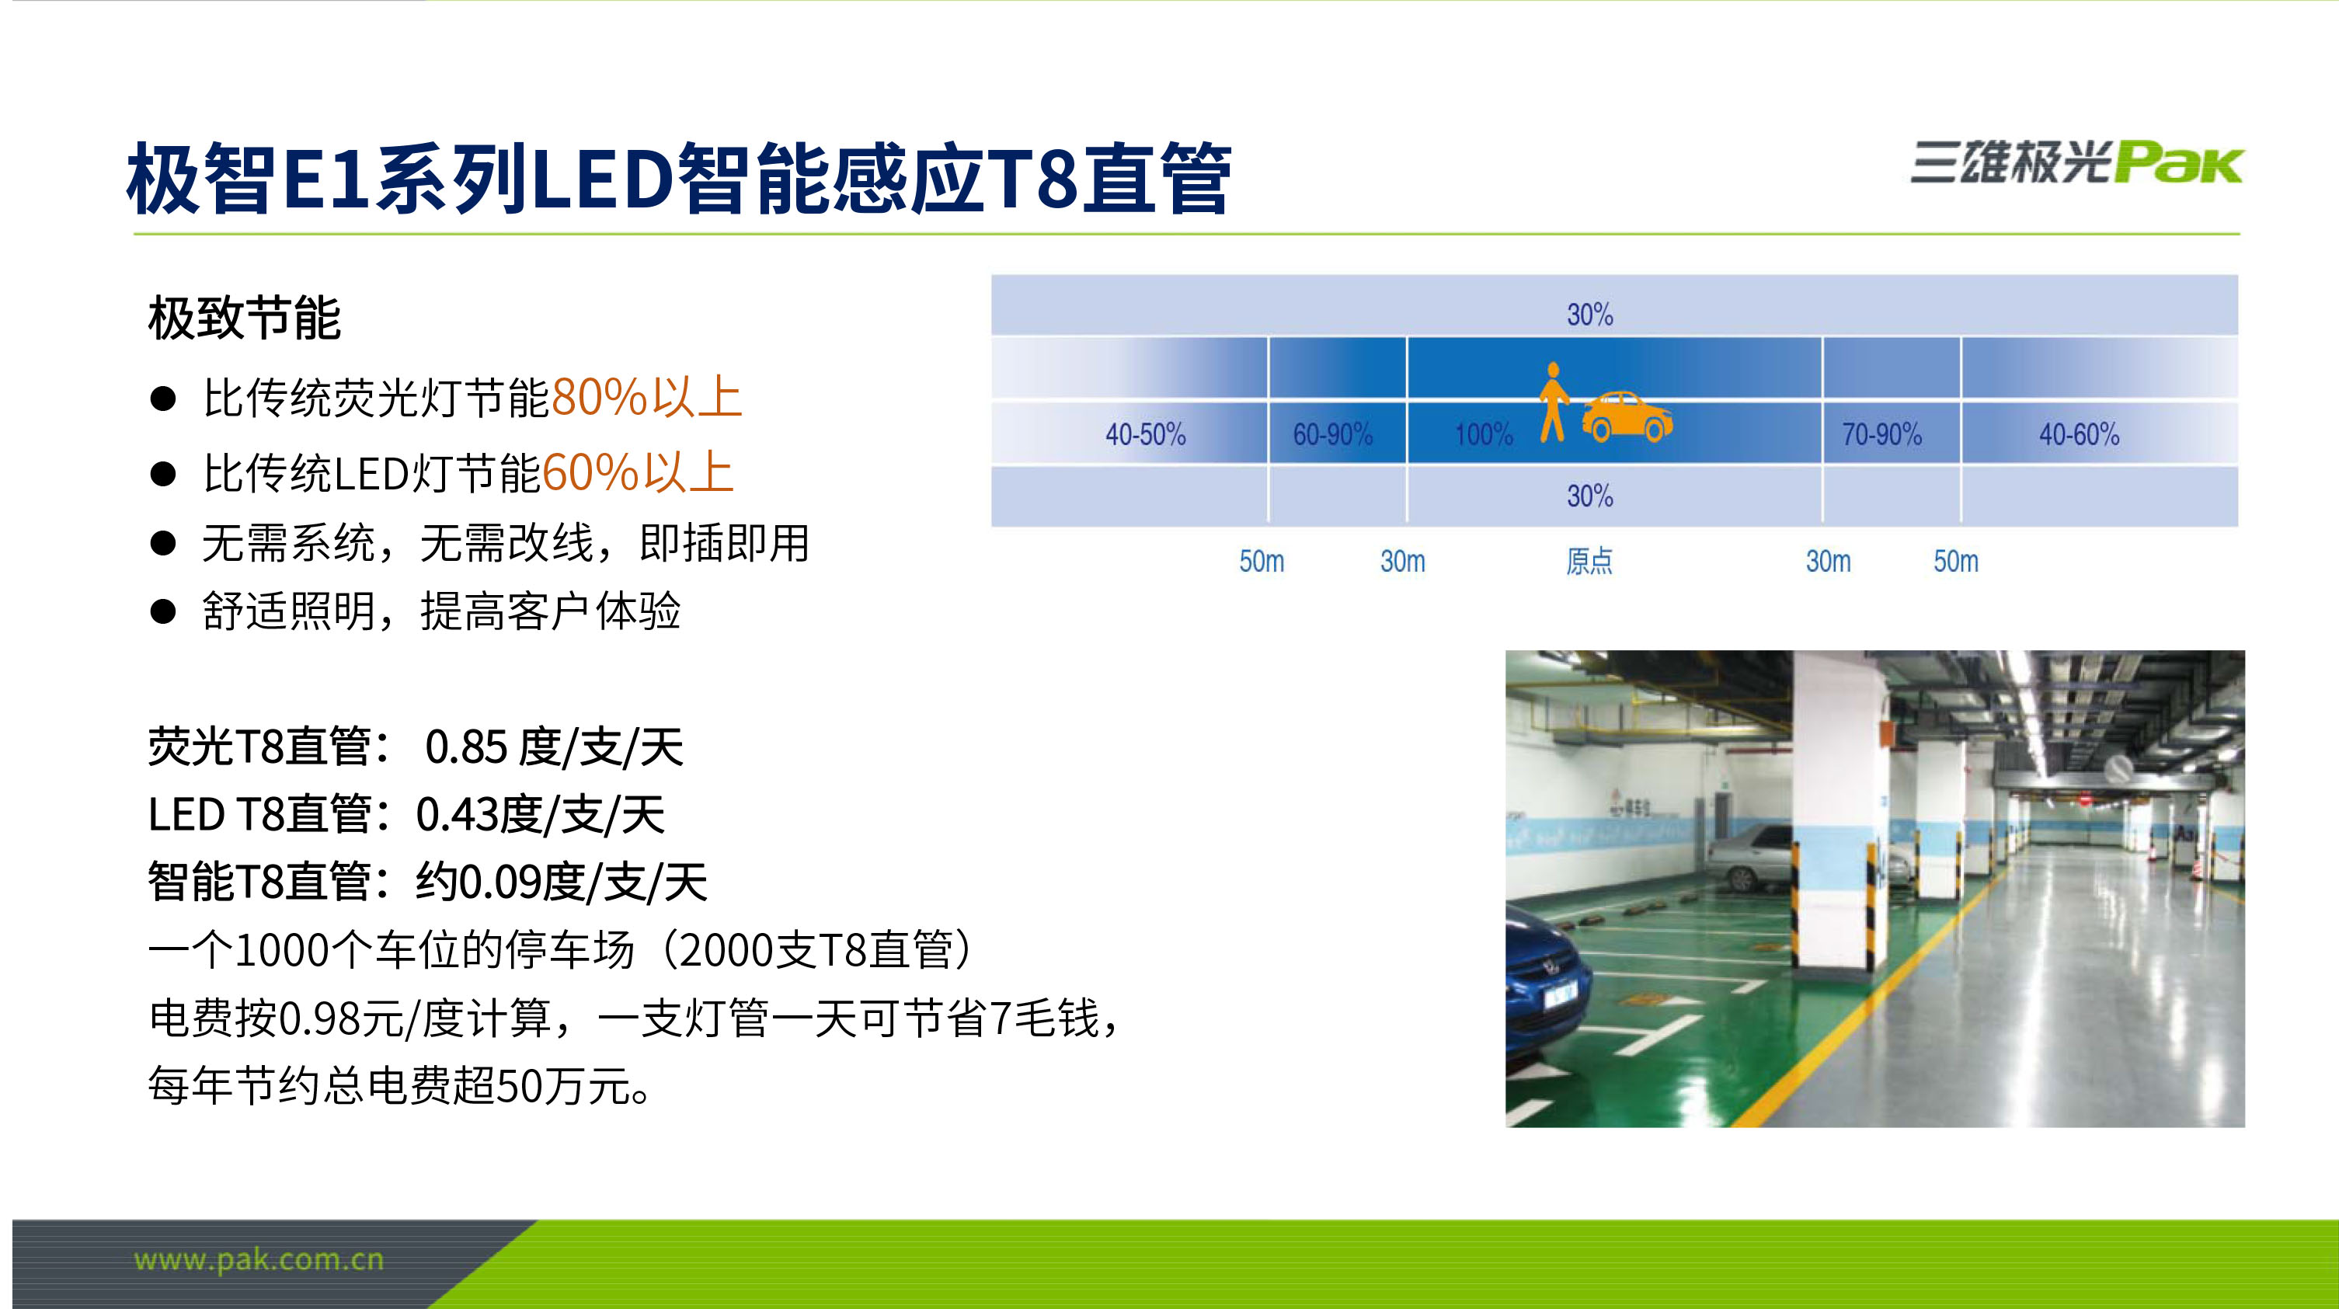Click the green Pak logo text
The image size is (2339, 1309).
2179,163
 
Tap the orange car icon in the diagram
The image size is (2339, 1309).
1627,416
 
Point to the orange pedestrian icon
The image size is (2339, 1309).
1554,402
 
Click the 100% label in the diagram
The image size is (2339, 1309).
1484,434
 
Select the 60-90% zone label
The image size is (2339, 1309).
1332,434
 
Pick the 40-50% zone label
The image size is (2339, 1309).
1145,434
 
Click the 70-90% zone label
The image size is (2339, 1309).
1881,434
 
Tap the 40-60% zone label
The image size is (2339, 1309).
2080,434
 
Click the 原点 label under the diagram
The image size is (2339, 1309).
1589,561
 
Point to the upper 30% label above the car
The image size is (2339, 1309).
1590,314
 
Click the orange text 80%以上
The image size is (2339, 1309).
646,398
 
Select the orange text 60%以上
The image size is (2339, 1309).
638,473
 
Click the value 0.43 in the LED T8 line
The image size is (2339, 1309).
458,814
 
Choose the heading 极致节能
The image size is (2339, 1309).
244,318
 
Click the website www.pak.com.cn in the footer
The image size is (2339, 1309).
259,1260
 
